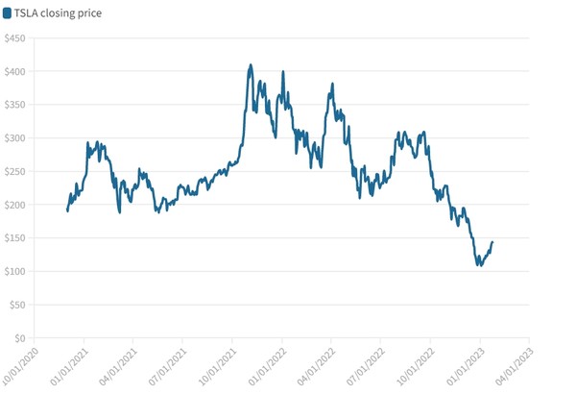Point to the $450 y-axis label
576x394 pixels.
(15, 38)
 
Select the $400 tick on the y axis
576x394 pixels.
(15, 72)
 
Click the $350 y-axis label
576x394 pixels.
(15, 105)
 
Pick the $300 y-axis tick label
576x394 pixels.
(15, 138)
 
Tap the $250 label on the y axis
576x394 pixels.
(15, 172)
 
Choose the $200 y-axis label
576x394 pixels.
(15, 205)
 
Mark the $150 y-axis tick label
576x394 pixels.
(15, 238)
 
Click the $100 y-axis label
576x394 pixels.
(15, 272)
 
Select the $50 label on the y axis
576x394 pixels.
(17, 305)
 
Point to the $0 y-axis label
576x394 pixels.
(20, 338)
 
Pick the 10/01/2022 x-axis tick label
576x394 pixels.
(414, 365)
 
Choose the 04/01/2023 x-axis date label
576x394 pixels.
(513, 365)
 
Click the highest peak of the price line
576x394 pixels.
(251, 65)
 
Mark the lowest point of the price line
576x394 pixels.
(479, 265)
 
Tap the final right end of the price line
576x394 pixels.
(492, 242)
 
